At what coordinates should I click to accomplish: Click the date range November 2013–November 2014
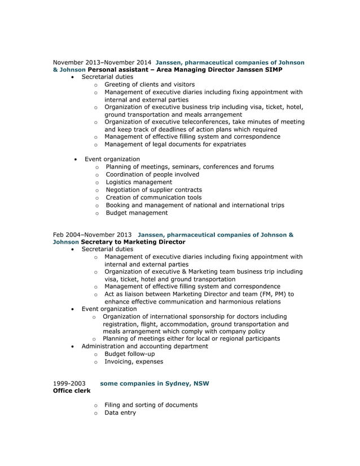tap(102, 62)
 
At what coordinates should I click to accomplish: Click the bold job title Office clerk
tap(72, 391)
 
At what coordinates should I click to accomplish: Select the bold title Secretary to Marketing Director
tap(133, 241)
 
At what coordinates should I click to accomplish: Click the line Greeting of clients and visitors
tap(150, 84)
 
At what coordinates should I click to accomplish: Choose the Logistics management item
tap(139, 182)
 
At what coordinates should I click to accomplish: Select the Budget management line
tap(137, 213)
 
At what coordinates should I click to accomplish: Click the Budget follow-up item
tap(129, 354)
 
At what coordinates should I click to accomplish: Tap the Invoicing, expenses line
tap(134, 362)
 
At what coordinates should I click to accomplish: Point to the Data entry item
tap(120, 412)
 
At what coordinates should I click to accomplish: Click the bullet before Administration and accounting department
tap(73, 346)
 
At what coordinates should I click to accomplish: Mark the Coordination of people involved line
tap(152, 174)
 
